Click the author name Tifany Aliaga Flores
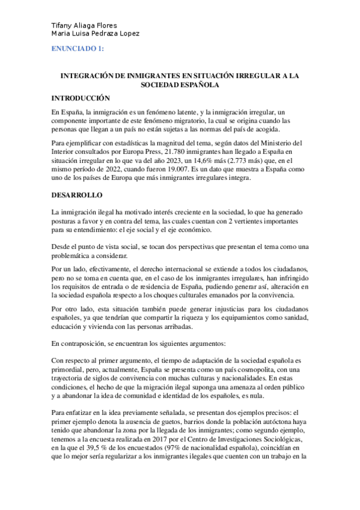pyautogui.click(x=84, y=25)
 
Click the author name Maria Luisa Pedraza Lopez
pyautogui.click(x=96, y=34)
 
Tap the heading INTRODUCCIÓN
pyautogui.click(x=81, y=98)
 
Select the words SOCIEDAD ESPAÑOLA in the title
pyautogui.click(x=180, y=85)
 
